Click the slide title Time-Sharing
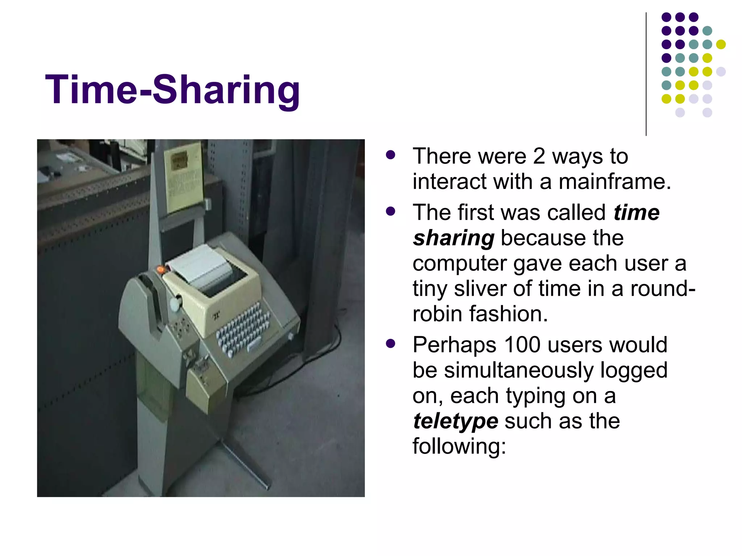click(x=172, y=90)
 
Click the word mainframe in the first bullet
click(x=614, y=181)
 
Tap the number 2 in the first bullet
click(x=539, y=156)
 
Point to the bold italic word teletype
click(x=455, y=421)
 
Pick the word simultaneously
click(x=518, y=370)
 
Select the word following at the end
click(x=459, y=446)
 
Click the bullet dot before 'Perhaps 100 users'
click(x=391, y=343)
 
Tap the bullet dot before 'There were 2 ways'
click(x=391, y=155)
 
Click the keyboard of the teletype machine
click(x=243, y=328)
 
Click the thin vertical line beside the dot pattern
click(x=646, y=74)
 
